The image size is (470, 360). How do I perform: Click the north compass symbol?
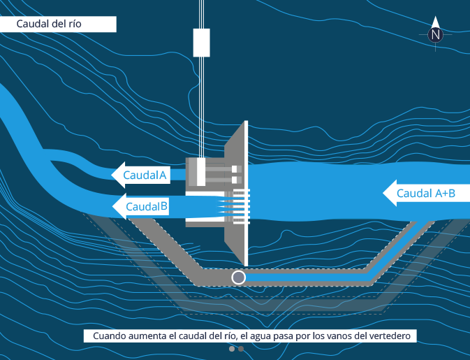436,34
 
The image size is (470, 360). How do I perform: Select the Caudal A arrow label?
140,175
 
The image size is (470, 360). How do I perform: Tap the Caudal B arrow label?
140,206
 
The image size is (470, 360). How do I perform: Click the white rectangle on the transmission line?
201,43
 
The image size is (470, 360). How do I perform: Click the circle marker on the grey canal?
239,278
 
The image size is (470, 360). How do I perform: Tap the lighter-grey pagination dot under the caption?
231,348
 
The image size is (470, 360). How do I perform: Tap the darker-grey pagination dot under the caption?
241,348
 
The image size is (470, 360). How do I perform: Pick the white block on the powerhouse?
201,172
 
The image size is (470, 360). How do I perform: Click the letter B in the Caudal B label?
163,206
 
